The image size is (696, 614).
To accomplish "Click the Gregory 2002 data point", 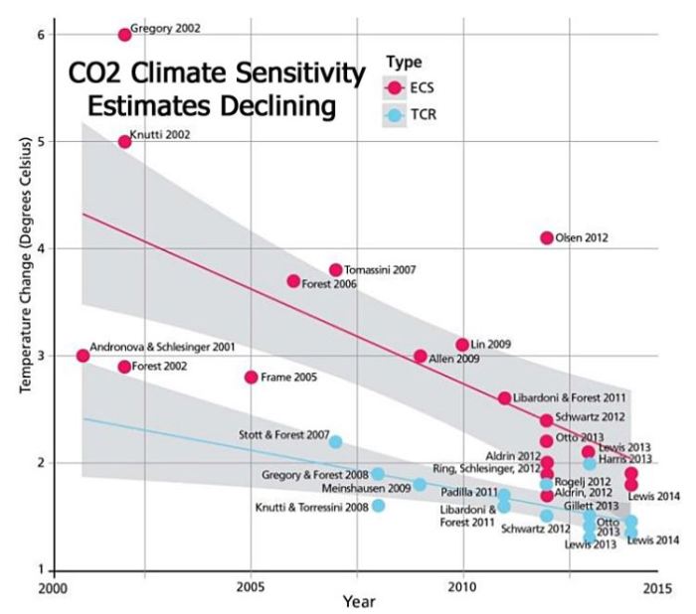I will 124,35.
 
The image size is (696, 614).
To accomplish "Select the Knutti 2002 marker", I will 124,141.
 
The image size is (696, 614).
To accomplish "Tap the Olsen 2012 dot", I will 547,237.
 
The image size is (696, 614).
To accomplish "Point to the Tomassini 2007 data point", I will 336,270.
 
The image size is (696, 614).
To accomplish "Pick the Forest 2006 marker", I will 293,281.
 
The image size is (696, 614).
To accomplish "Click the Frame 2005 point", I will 251,377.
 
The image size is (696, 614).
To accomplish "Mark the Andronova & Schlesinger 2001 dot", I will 83,356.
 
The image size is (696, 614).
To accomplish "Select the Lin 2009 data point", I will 462,345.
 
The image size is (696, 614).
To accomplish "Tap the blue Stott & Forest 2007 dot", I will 336,442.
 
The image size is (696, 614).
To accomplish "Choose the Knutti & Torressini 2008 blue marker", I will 378,506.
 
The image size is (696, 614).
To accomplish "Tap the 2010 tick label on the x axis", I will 462,585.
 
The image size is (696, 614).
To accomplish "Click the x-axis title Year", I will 358,601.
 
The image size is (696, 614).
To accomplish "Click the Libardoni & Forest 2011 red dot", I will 505,397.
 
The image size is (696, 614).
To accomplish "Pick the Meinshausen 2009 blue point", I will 420,485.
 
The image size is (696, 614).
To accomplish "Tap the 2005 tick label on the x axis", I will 251,585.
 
